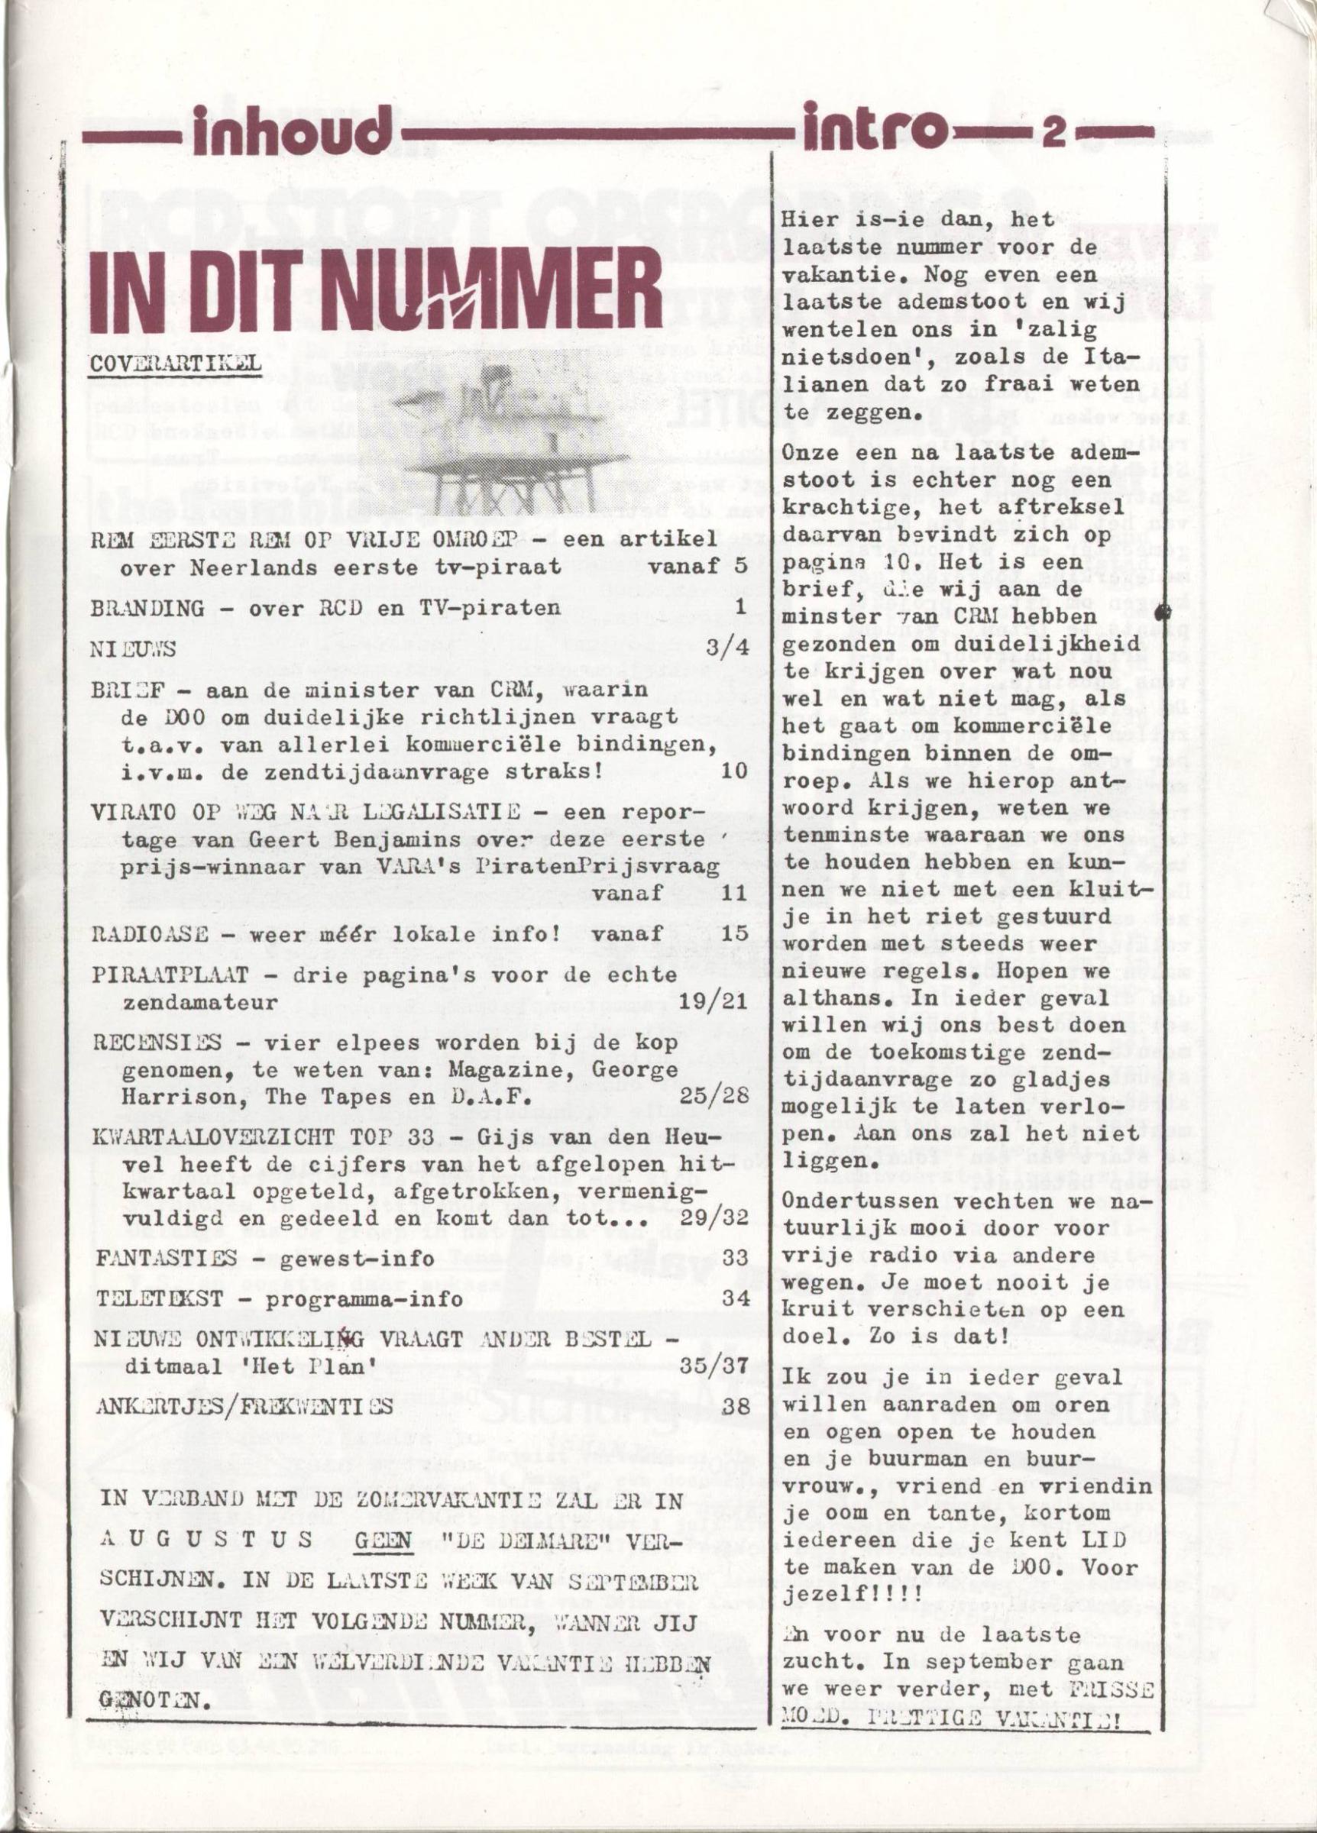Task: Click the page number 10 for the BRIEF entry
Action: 733,769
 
